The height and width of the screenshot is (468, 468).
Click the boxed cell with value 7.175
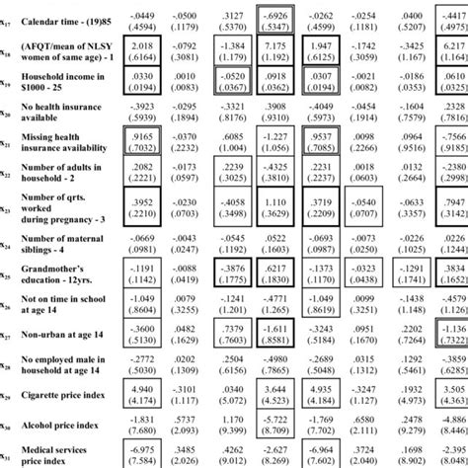273,52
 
